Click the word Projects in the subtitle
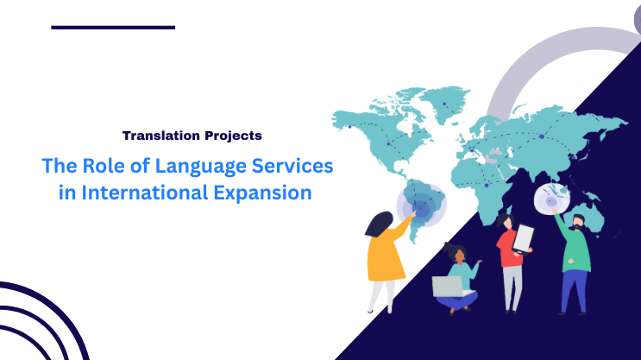227,136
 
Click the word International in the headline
143,193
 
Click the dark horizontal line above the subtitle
113,28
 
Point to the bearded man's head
577,220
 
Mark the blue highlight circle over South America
420,205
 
